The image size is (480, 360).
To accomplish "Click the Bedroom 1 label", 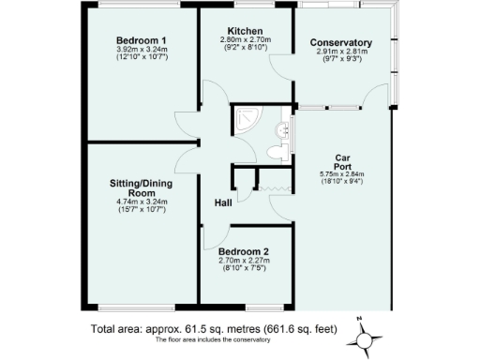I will click(142, 40).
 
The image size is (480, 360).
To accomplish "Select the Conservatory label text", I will click(341, 43).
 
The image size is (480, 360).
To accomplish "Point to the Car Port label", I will click(341, 162).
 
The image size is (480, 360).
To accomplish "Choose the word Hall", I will click(223, 202).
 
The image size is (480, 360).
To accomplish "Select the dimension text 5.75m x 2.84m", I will click(341, 174).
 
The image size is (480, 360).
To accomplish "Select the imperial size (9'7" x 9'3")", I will click(341, 60).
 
